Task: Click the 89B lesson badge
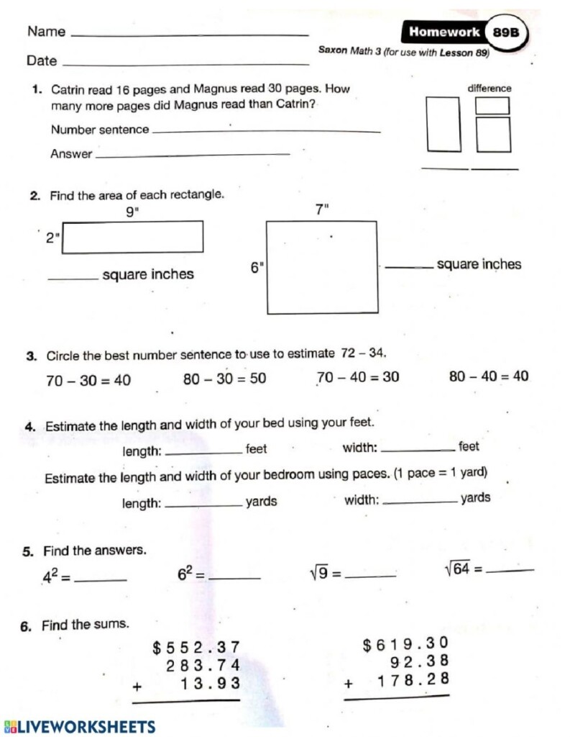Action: click(x=505, y=32)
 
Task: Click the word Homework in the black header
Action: click(x=444, y=32)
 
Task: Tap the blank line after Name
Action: click(x=191, y=34)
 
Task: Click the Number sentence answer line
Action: click(x=266, y=130)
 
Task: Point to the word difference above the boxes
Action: click(x=489, y=89)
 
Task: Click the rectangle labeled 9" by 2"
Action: click(x=133, y=237)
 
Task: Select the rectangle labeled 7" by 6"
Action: click(x=322, y=267)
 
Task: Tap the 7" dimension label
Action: click(x=321, y=209)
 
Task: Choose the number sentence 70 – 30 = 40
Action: click(x=88, y=381)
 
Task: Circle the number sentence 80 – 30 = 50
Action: click(x=224, y=379)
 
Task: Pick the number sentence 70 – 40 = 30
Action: click(x=359, y=377)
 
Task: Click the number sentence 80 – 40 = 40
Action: click(x=489, y=376)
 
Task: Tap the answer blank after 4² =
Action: click(x=101, y=579)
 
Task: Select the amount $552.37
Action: click(x=196, y=648)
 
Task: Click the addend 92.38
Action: click(x=420, y=661)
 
